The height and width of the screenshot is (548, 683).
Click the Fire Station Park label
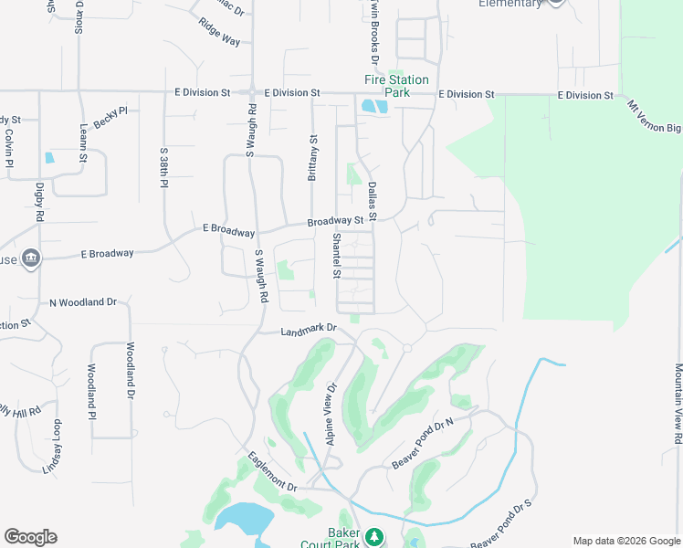396,86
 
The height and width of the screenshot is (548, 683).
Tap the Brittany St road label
312,157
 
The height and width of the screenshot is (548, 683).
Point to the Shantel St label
336,256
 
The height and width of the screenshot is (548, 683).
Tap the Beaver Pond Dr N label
423,445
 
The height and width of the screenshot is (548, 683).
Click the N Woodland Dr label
83,301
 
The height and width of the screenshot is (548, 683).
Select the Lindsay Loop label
52,447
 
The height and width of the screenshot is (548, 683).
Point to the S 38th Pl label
164,167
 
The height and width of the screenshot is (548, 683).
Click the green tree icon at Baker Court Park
373,536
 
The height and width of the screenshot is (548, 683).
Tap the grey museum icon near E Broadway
32,258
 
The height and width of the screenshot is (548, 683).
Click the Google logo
30,537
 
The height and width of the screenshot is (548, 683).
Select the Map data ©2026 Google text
625,541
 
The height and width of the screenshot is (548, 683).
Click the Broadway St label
335,221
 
